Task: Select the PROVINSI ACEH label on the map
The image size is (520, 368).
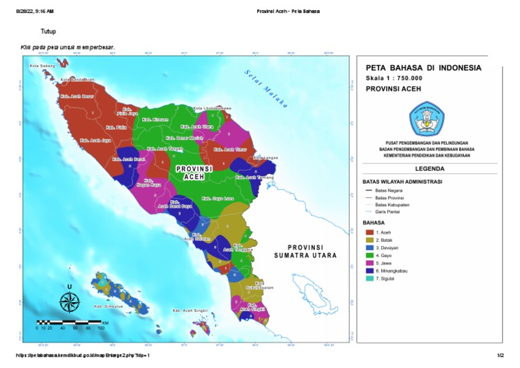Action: (x=194, y=172)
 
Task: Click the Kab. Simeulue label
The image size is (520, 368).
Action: (x=106, y=306)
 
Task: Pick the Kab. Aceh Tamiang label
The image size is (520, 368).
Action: (x=254, y=178)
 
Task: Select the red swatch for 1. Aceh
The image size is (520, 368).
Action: (x=370, y=232)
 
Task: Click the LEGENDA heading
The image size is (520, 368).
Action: (x=426, y=169)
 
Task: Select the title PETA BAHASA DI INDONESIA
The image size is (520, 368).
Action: (x=423, y=68)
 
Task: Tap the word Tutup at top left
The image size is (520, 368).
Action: (x=48, y=32)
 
